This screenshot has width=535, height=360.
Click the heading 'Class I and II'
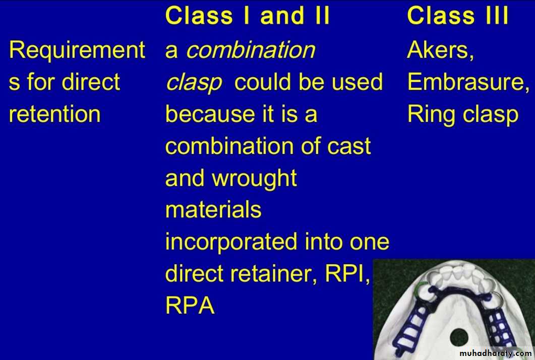click(x=248, y=16)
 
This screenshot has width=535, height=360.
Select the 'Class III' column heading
click(x=457, y=16)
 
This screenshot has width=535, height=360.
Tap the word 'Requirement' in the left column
click(x=77, y=50)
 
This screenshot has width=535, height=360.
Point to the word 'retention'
click(x=54, y=114)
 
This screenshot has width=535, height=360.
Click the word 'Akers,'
click(x=440, y=50)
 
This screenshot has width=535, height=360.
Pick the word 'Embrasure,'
click(x=468, y=82)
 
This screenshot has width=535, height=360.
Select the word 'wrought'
click(x=254, y=179)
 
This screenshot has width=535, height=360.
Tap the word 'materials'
click(x=213, y=209)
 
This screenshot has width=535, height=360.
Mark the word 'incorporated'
click(x=231, y=243)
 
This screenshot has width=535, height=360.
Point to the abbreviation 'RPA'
click(x=190, y=305)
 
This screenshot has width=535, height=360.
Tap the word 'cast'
click(x=349, y=146)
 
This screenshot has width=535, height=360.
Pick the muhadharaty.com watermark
click(x=496, y=353)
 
